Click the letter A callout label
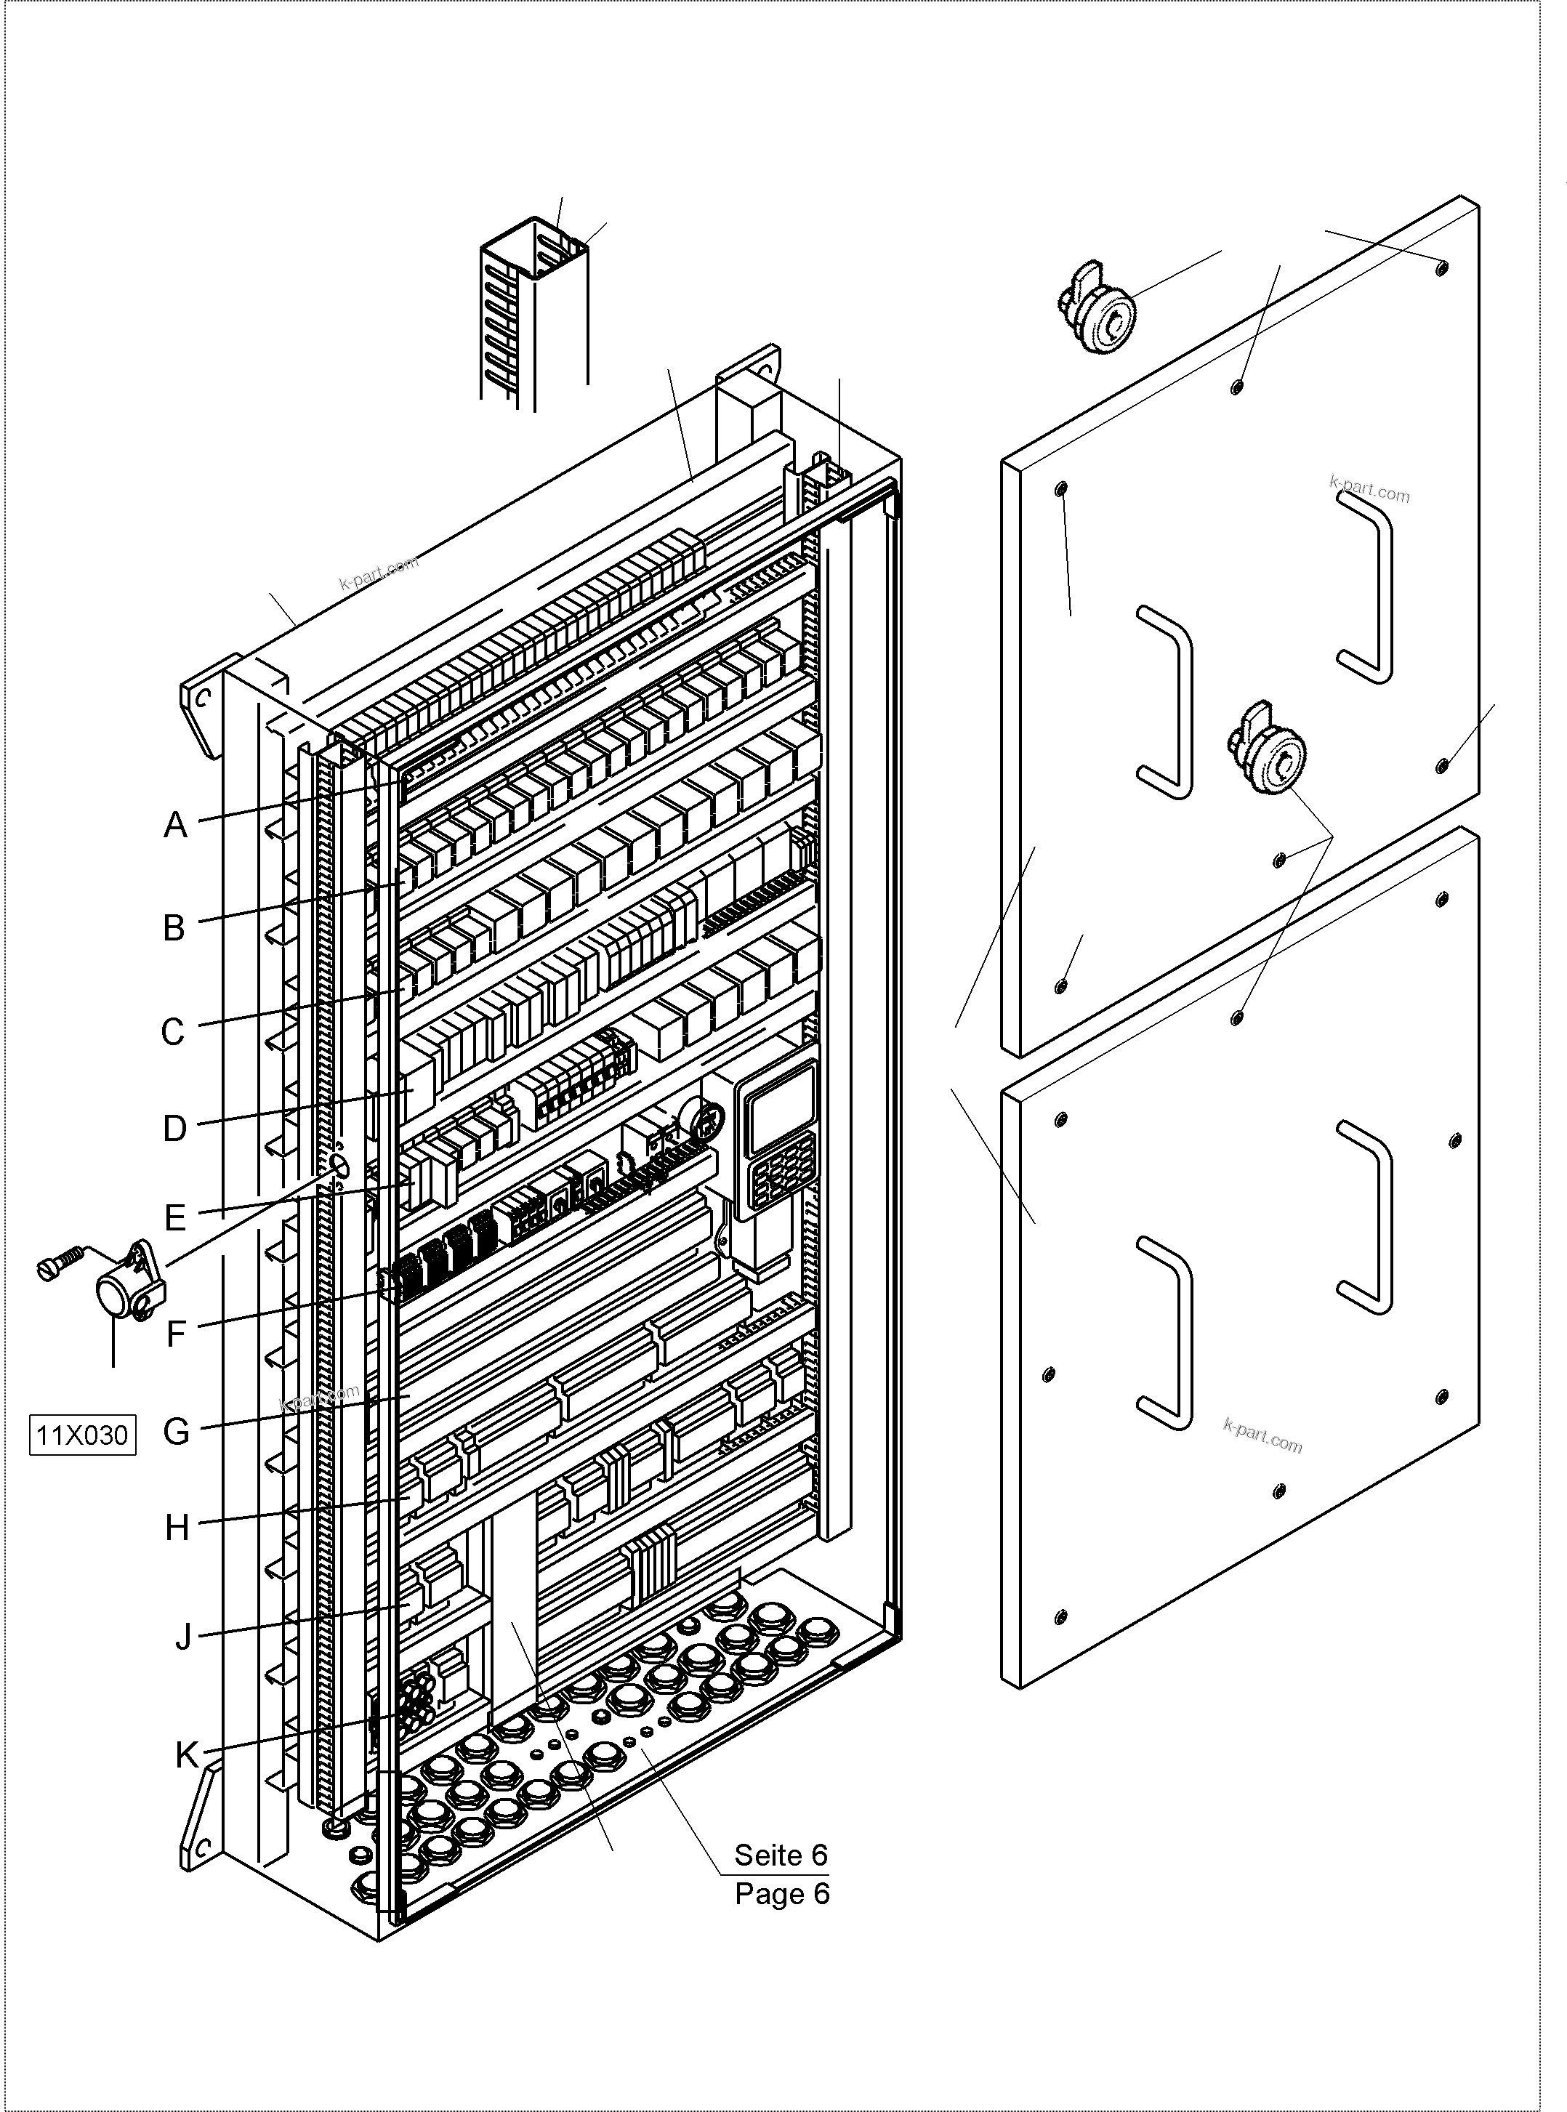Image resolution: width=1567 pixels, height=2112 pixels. pyautogui.click(x=175, y=825)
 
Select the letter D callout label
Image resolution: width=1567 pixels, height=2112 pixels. pyautogui.click(x=174, y=1129)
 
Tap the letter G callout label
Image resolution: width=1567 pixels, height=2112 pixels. pyautogui.click(x=177, y=1431)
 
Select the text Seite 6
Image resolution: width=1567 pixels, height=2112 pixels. pyautogui.click(x=780, y=1854)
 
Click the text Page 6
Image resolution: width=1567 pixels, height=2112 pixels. pyautogui.click(x=781, y=1894)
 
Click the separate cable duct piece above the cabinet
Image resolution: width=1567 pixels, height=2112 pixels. pyautogui.click(x=536, y=313)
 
